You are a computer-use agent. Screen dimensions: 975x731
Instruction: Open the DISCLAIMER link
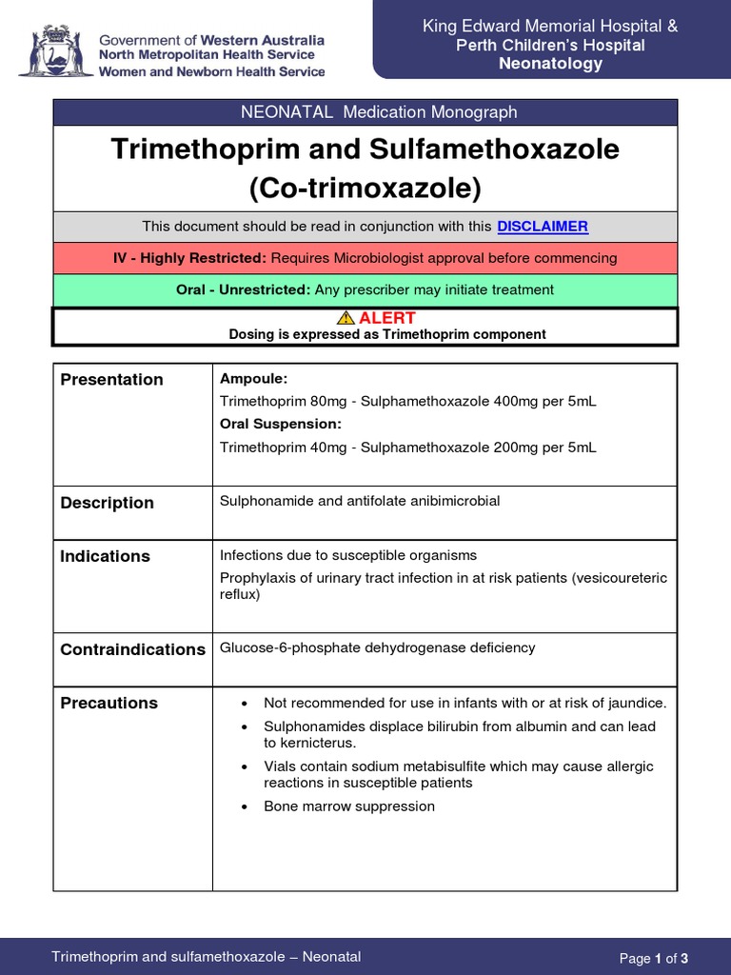[543, 227]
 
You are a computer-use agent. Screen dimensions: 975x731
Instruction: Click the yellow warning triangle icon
[346, 318]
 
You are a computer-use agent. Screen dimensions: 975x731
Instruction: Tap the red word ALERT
[386, 318]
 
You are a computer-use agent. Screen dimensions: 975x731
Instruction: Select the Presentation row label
[111, 380]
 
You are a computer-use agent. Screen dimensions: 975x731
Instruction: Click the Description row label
[107, 503]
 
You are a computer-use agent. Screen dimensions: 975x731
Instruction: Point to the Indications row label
[105, 556]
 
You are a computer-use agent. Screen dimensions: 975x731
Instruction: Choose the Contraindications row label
[132, 649]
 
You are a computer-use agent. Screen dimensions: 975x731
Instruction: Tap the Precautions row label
[109, 704]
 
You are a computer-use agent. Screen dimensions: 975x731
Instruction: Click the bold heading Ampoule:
[253, 379]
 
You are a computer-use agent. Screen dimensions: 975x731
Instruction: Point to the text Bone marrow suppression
[348, 806]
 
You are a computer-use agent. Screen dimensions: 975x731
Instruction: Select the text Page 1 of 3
[653, 958]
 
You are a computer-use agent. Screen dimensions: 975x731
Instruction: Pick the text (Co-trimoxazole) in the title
[365, 189]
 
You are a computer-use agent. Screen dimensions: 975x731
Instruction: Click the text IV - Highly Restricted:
[189, 258]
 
